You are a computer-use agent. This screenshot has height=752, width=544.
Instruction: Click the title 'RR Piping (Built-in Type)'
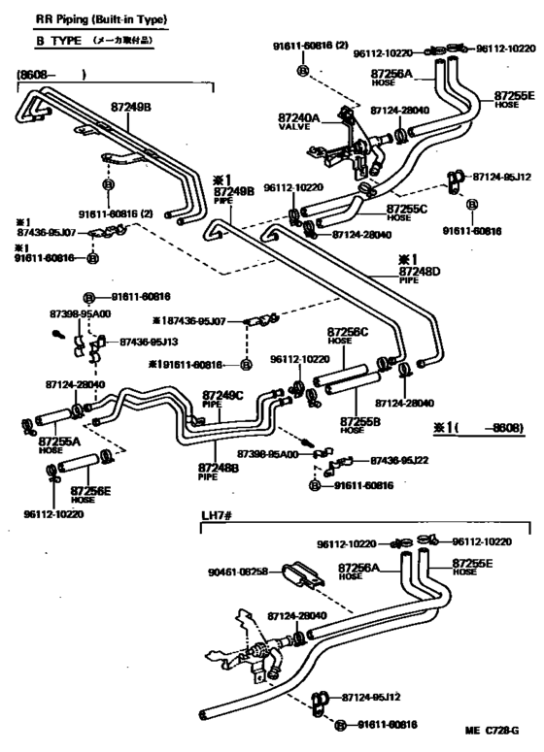(x=86, y=19)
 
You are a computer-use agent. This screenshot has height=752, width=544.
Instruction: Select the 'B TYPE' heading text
(x=48, y=44)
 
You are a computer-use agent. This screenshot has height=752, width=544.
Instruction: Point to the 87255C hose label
(x=406, y=208)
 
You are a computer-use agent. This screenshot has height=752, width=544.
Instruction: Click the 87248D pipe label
(x=419, y=272)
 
